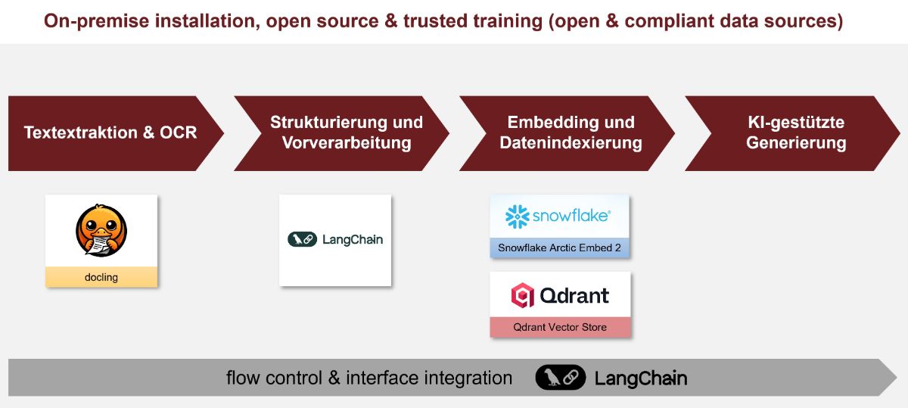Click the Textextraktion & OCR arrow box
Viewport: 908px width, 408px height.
point(110,133)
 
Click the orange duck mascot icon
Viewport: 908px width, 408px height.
point(101,231)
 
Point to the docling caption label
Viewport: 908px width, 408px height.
point(101,277)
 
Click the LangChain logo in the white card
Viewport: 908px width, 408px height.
point(335,240)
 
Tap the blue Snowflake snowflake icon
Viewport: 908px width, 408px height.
point(518,216)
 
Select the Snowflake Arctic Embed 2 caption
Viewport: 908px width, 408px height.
point(559,248)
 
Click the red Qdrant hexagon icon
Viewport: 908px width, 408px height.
point(522,295)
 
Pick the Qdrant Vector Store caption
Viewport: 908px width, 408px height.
point(559,327)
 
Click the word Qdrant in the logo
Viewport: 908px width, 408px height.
point(574,295)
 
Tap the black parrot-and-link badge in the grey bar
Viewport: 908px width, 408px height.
point(560,378)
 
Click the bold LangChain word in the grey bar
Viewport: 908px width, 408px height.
point(640,378)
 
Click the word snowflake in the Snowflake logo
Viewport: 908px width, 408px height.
point(571,216)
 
